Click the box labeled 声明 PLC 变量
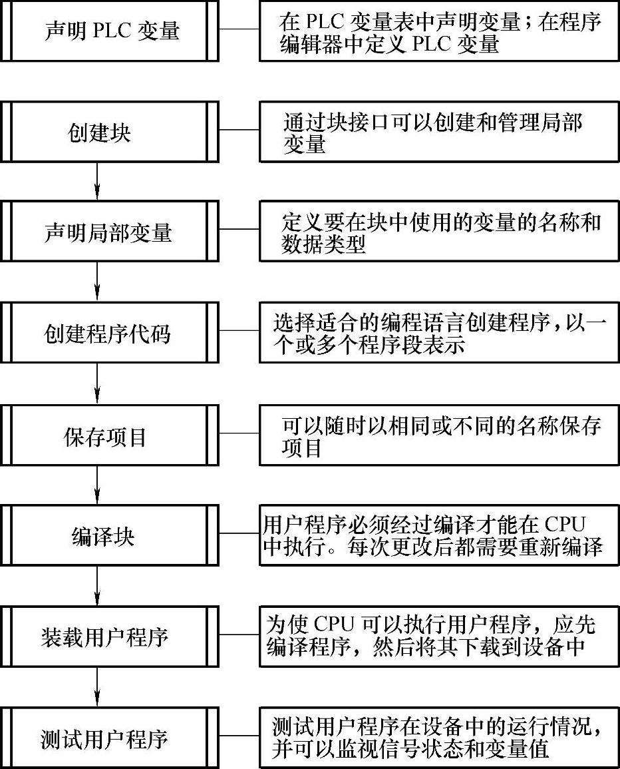click(110, 31)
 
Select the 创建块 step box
click(110, 131)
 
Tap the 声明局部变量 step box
click(110, 232)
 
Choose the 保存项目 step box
click(110, 436)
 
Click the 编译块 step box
click(110, 535)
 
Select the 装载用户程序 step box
click(110, 637)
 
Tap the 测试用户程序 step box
click(110, 739)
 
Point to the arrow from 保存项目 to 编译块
click(98, 485)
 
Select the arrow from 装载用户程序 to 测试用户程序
click(98, 688)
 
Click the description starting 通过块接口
click(439, 131)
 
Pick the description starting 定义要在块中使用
click(439, 232)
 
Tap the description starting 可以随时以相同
click(439, 436)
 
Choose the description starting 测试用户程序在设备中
click(439, 738)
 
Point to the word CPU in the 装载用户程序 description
click(333, 625)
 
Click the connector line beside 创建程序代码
click(239, 332)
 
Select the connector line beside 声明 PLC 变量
click(239, 30)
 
